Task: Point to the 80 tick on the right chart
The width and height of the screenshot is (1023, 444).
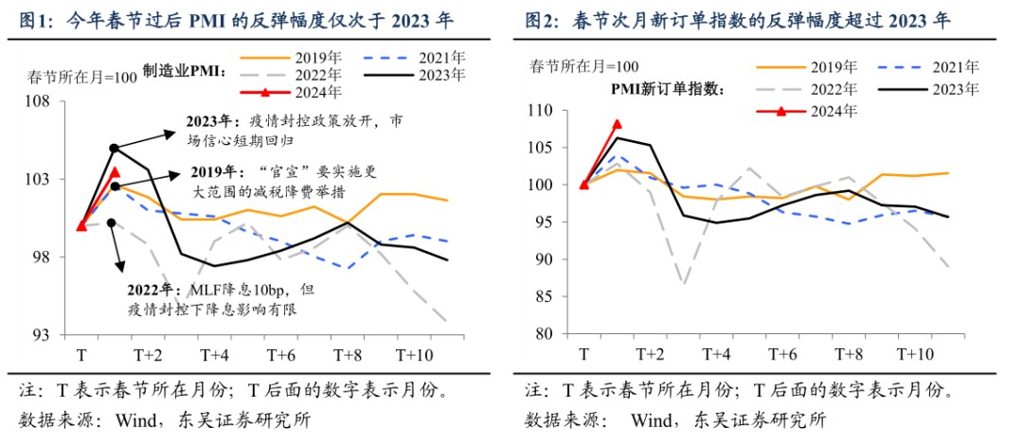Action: coord(545,333)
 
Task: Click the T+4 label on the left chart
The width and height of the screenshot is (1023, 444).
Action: coord(215,355)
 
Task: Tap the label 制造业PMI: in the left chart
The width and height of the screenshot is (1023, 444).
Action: coord(182,71)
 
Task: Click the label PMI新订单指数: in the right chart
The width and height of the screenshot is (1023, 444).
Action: coord(666,90)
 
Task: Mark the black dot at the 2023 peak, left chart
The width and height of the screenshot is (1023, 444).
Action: coord(114,148)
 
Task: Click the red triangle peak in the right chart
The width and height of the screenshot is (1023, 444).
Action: coord(618,124)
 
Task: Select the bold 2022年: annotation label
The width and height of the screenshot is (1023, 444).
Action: coord(157,289)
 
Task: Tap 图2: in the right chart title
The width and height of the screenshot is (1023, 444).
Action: coord(541,22)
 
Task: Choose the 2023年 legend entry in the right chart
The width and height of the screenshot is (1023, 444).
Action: coord(957,89)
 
